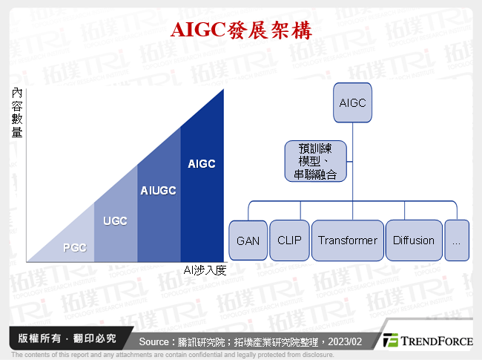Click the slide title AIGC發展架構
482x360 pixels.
click(x=241, y=30)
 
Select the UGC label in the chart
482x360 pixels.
click(x=115, y=220)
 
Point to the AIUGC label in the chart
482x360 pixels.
click(x=158, y=191)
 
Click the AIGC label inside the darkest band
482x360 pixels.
click(x=202, y=163)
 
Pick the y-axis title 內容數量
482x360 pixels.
click(x=17, y=113)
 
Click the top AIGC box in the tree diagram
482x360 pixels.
click(x=352, y=103)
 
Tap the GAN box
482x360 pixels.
click(x=248, y=240)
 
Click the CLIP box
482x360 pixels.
click(x=288, y=240)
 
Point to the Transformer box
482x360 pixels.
click(x=348, y=240)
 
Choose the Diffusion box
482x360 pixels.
click(x=414, y=240)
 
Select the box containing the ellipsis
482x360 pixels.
click(x=457, y=240)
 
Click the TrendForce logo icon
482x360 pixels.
click(x=391, y=341)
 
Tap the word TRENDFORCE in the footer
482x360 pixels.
click(x=438, y=341)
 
